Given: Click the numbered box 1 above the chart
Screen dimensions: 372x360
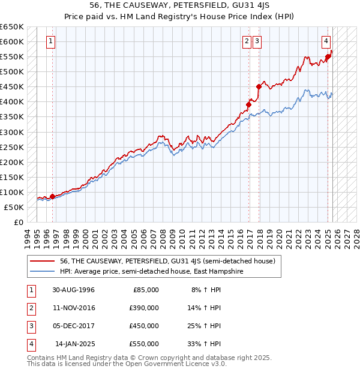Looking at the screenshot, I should pyautogui.click(x=50, y=41).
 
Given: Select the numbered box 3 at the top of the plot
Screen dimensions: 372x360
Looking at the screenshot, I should pyautogui.click(x=257, y=41).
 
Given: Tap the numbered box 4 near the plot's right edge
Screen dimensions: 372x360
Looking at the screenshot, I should pyautogui.click(x=326, y=41).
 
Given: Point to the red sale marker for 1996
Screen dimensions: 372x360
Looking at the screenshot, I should pyautogui.click(x=52, y=196).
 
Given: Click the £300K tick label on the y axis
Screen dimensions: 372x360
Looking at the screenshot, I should pyautogui.click(x=12, y=132).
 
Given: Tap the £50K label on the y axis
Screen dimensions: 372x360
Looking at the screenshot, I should pyautogui.click(x=14, y=207).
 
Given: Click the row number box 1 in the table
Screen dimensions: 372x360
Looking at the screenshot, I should pyautogui.click(x=30, y=289).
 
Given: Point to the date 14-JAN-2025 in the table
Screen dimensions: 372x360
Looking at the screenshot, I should pyautogui.click(x=74, y=344).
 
